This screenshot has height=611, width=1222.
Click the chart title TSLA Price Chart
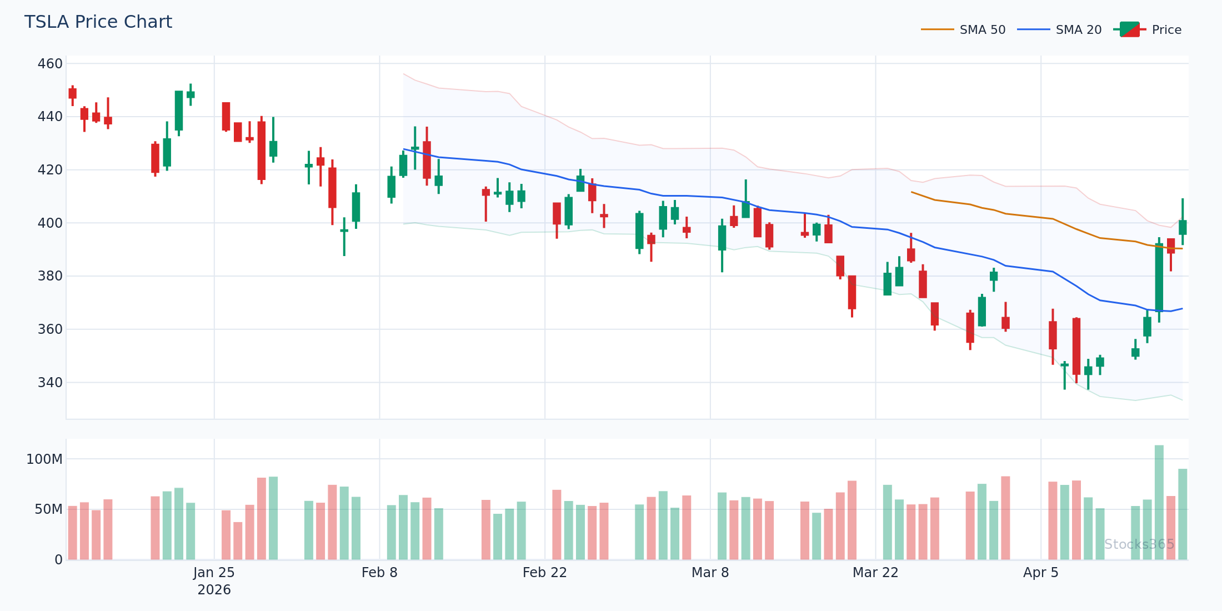click(x=98, y=22)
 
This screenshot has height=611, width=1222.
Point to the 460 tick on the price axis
click(x=50, y=64)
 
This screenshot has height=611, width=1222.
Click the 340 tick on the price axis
click(x=50, y=383)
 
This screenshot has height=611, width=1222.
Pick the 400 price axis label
click(x=50, y=223)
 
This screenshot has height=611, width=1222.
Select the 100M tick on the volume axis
click(x=44, y=459)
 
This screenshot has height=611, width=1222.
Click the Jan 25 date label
click(x=214, y=573)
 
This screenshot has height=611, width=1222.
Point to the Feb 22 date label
click(x=544, y=573)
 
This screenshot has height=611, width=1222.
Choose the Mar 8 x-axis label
click(x=710, y=573)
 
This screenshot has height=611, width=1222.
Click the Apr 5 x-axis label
click(x=1040, y=573)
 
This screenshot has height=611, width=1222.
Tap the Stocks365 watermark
click(x=1139, y=544)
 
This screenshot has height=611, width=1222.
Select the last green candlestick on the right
click(x=1183, y=227)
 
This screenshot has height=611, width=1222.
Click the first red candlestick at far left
click(x=72, y=93)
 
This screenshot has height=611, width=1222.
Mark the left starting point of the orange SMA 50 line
click(x=912, y=192)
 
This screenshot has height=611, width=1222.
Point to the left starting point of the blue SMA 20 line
click(x=404, y=149)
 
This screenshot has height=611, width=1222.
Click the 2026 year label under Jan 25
click(x=214, y=590)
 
